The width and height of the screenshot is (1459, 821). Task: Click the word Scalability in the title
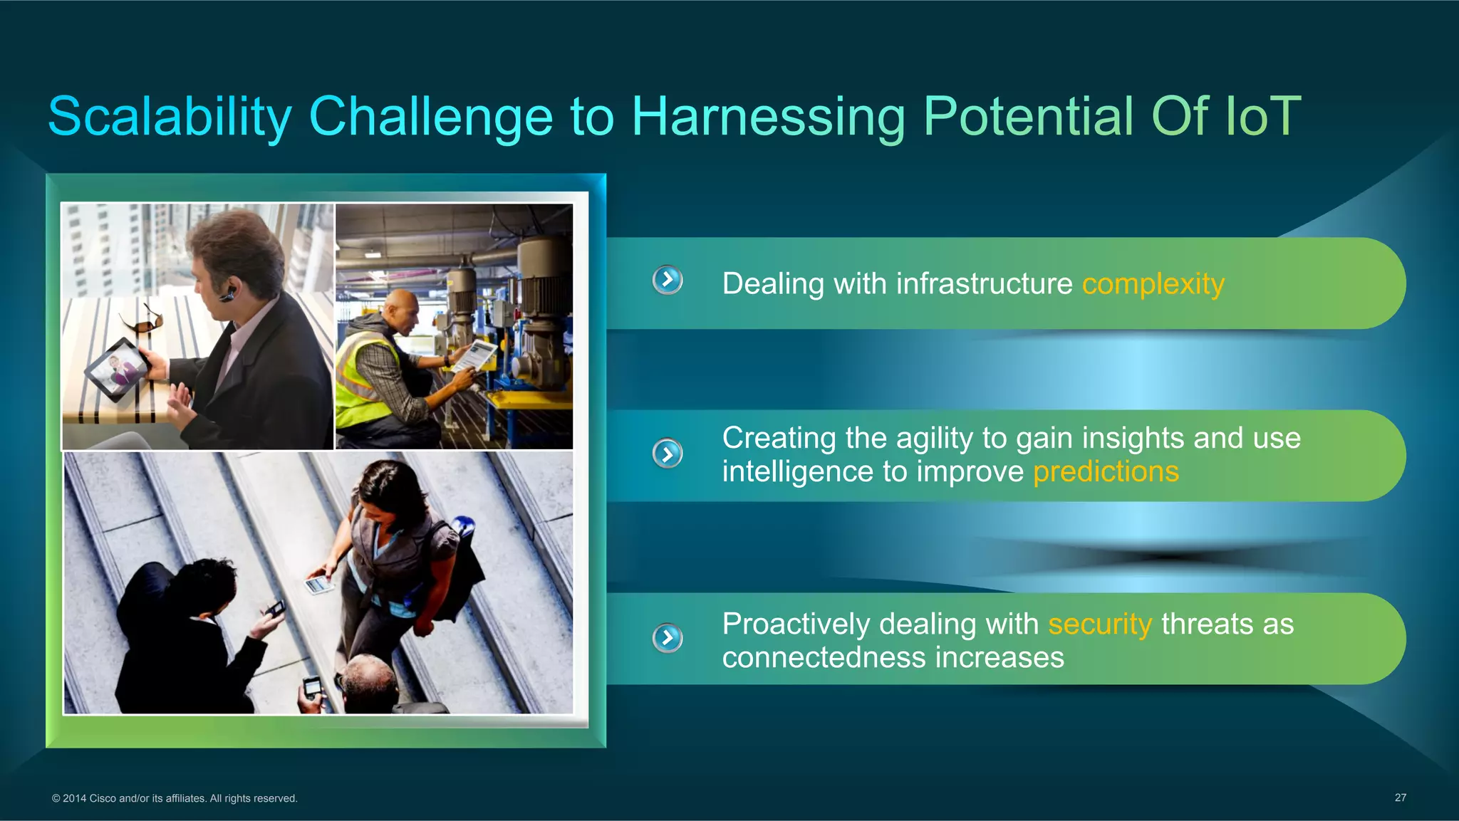pos(170,116)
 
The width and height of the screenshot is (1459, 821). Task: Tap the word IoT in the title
pos(1262,116)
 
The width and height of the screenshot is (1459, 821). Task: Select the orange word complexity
pos(1153,284)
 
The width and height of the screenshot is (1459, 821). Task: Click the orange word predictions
pos(1106,472)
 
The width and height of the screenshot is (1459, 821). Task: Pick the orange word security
pos(1099,624)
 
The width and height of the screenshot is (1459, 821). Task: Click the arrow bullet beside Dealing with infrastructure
pos(668,280)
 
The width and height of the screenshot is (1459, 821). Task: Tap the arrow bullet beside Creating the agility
pos(668,453)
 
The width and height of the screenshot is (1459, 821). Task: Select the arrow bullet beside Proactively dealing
pos(668,638)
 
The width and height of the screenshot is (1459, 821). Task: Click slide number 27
pos(1400,798)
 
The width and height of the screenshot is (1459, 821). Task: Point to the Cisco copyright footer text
pos(175,798)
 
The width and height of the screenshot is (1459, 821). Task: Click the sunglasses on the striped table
pos(140,320)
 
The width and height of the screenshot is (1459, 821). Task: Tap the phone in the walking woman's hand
pos(319,585)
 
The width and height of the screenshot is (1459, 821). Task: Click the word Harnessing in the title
pos(768,116)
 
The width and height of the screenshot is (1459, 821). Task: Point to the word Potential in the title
pos(1028,116)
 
